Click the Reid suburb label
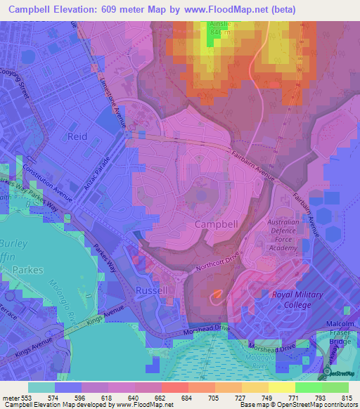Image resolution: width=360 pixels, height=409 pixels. (x=77, y=136)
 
